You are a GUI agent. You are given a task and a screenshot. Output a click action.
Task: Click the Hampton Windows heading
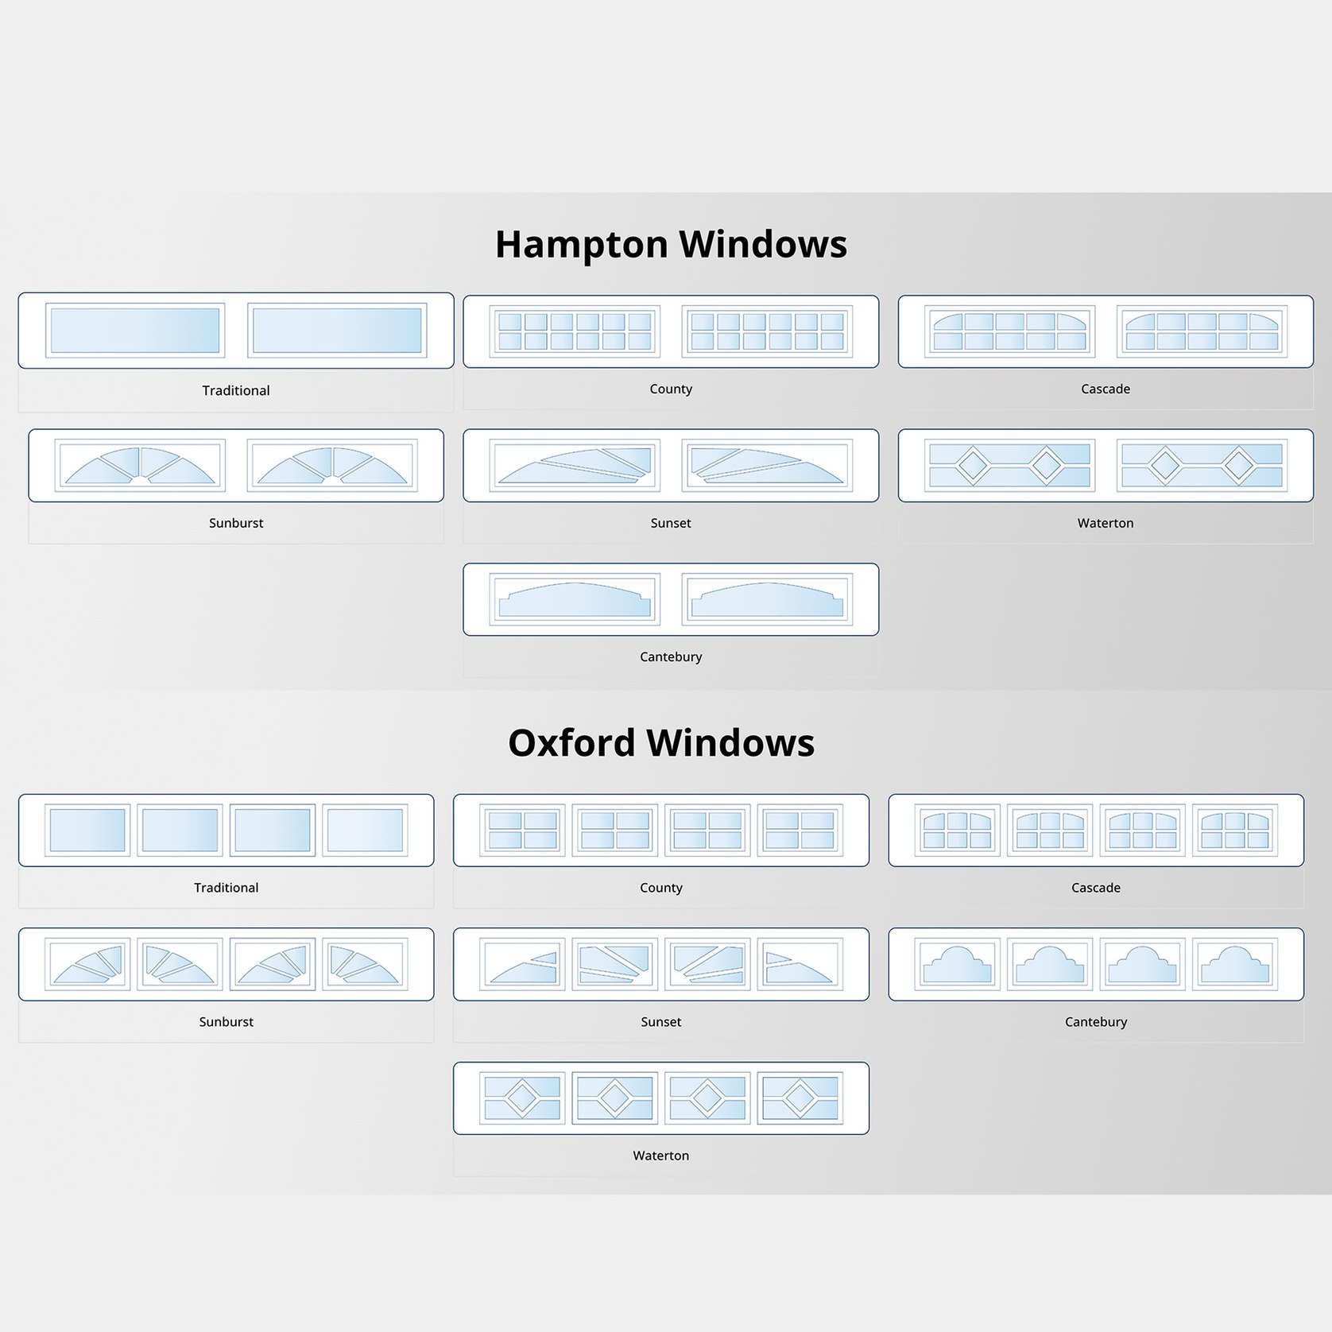(x=671, y=244)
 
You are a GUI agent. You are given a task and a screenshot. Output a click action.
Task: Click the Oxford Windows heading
(x=661, y=743)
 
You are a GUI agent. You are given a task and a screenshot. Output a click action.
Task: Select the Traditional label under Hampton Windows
(x=236, y=390)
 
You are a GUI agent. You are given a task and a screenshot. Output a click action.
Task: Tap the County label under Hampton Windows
(x=671, y=389)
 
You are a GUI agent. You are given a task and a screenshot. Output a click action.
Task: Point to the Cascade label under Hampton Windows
(x=1105, y=389)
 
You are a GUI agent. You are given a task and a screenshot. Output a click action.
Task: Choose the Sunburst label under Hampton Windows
(x=236, y=523)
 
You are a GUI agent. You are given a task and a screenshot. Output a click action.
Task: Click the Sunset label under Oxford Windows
(x=661, y=1022)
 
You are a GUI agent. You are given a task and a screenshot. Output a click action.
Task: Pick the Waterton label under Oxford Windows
(x=661, y=1156)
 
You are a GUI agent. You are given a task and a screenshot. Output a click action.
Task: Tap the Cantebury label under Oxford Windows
(x=1096, y=1022)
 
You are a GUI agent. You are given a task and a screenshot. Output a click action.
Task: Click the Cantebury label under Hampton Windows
(x=671, y=656)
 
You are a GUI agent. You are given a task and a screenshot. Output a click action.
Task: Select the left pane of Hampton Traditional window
(x=135, y=330)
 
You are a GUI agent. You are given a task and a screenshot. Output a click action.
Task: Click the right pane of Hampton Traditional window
(x=337, y=330)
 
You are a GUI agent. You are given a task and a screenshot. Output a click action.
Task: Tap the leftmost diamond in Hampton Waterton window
(x=971, y=465)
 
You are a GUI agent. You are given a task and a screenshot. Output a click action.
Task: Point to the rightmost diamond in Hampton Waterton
(x=1238, y=465)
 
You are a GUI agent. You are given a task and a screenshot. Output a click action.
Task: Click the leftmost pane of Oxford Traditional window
(x=87, y=830)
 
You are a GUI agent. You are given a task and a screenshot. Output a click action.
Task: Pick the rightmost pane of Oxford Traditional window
(x=365, y=830)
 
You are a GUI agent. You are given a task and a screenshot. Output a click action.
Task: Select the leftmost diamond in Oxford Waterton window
(x=522, y=1098)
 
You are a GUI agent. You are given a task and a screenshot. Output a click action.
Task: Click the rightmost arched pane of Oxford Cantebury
(x=1235, y=965)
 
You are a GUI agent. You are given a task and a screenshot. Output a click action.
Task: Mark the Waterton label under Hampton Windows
(x=1105, y=523)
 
